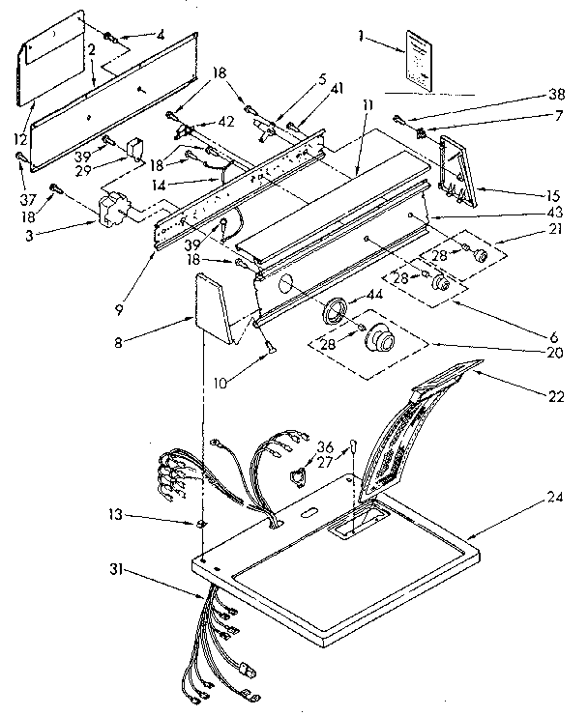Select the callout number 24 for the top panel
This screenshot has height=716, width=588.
553,500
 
